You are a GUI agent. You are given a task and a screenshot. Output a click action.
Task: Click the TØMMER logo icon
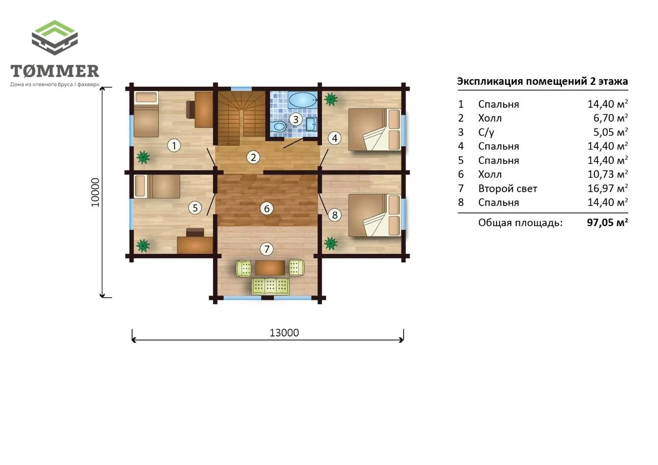point(54,38)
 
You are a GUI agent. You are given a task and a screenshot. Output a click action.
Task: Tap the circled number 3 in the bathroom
point(296,120)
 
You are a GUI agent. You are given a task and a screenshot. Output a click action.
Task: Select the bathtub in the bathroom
point(303,100)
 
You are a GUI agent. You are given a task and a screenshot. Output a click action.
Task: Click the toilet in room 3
point(278,126)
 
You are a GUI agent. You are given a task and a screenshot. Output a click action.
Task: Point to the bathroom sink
point(311,124)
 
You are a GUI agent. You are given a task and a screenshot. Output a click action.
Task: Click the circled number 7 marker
point(267,249)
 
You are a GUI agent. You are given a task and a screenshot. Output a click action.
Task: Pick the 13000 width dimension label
point(284,332)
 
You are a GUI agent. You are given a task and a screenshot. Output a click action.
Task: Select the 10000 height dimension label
point(96,193)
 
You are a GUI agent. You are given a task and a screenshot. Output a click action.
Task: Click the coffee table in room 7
point(270,268)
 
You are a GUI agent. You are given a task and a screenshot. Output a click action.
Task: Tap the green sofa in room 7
point(270,286)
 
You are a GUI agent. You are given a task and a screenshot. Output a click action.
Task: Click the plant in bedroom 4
point(331,99)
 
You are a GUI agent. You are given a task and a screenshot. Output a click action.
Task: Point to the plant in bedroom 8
point(331,244)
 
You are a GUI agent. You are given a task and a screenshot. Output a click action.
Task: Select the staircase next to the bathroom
point(242,118)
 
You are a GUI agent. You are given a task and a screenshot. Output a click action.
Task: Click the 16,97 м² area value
point(608,188)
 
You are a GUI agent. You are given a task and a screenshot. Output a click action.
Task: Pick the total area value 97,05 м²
point(608,222)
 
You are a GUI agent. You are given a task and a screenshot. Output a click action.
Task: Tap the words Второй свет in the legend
point(507,189)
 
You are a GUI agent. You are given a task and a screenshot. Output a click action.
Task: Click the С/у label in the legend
point(486,133)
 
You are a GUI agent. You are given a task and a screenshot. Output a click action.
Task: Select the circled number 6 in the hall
point(267,209)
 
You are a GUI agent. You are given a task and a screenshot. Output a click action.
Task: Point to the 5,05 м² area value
point(610,132)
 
